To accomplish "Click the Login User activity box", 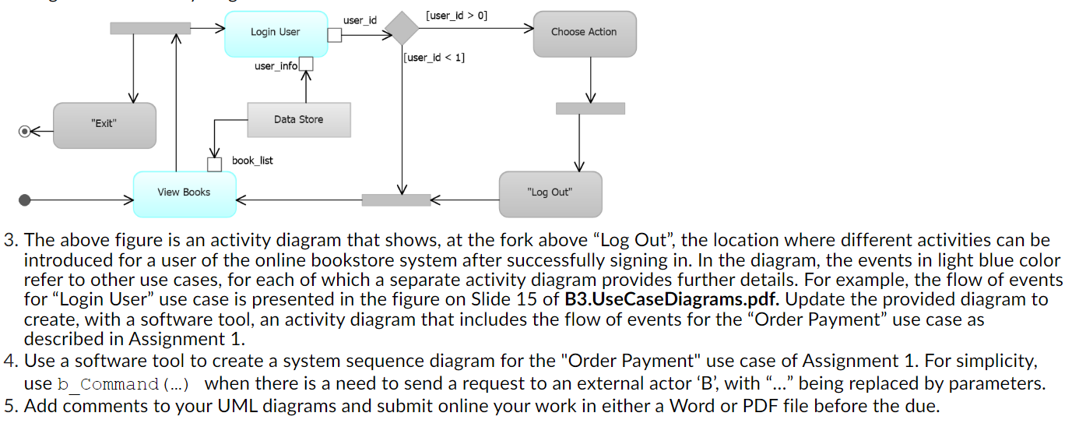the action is coord(276,34).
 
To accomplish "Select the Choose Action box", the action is coord(585,34).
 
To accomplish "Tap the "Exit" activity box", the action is coord(105,125).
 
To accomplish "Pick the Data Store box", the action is coord(299,120).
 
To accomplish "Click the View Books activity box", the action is coord(185,195).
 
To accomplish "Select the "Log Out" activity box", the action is coord(550,195).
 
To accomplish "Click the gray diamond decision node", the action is coord(402,29).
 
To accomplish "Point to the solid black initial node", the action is coord(24,200).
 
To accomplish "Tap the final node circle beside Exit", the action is coord(24,131).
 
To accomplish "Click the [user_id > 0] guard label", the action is coord(456,16).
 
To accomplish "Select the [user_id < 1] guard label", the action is coord(434,58).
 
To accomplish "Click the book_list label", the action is coord(252,161).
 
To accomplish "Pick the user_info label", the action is coord(276,66).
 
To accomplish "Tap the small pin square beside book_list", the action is coord(214,164).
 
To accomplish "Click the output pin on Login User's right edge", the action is coord(335,35).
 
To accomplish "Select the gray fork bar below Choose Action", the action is coord(591,109).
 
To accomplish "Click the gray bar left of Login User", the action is coord(150,28).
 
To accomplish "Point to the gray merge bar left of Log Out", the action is coord(396,200).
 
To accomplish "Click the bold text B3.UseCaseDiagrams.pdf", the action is coord(672,299).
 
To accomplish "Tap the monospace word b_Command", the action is coord(108,384).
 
